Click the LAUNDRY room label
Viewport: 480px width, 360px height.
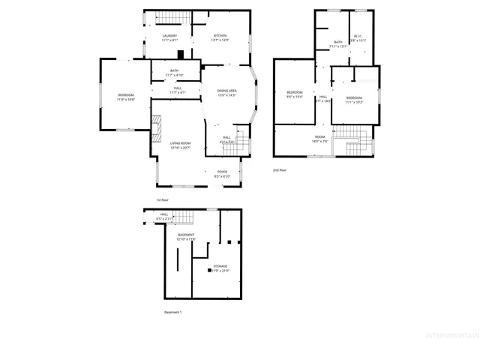169,36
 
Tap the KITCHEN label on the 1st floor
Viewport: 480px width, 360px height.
220,36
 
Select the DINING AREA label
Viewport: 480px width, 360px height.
226,91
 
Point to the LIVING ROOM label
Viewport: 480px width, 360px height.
180,143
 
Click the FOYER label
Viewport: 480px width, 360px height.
223,172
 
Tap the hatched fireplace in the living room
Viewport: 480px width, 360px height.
156,127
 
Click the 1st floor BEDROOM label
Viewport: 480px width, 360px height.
125,94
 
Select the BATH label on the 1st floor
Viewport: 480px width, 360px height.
173,71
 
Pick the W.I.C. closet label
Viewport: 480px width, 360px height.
358,41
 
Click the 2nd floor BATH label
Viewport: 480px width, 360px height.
338,42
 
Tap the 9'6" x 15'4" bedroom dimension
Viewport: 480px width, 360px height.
294,97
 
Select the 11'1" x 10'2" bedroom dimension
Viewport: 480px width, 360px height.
354,102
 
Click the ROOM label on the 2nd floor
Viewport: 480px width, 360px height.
320,136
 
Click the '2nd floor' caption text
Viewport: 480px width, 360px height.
280,170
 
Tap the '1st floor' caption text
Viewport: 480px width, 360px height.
163,200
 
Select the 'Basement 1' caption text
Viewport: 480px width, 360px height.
172,312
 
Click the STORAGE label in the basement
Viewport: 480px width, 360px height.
220,266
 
